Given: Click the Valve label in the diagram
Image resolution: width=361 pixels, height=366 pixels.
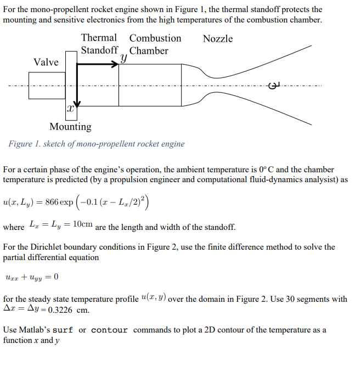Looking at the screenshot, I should point(46,62).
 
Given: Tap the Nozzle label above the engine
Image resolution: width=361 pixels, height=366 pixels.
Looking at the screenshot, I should point(218,38).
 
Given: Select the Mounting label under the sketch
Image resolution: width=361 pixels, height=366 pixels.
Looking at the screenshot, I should point(70,127).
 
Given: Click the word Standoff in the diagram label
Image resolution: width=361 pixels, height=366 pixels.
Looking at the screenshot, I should point(99,50).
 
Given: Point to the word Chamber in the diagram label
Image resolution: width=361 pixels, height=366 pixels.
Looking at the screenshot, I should point(149,50).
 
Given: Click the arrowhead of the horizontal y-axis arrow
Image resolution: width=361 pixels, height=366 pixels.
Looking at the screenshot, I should point(115,64).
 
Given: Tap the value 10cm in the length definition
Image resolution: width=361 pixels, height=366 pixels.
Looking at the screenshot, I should point(82,226).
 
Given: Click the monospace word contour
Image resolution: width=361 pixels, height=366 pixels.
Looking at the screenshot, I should point(109,330).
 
